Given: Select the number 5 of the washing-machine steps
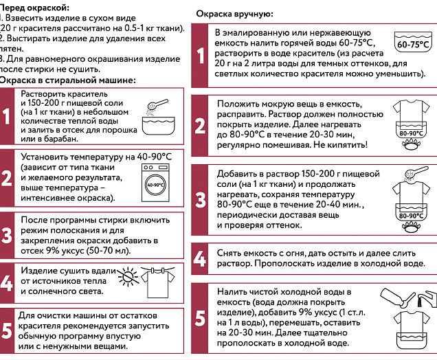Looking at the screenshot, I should (x=7, y=329).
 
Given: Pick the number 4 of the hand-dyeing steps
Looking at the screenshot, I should (x=200, y=259).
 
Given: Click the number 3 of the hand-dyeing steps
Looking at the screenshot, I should (x=200, y=199).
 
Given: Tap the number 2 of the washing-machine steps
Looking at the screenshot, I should (x=7, y=178).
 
